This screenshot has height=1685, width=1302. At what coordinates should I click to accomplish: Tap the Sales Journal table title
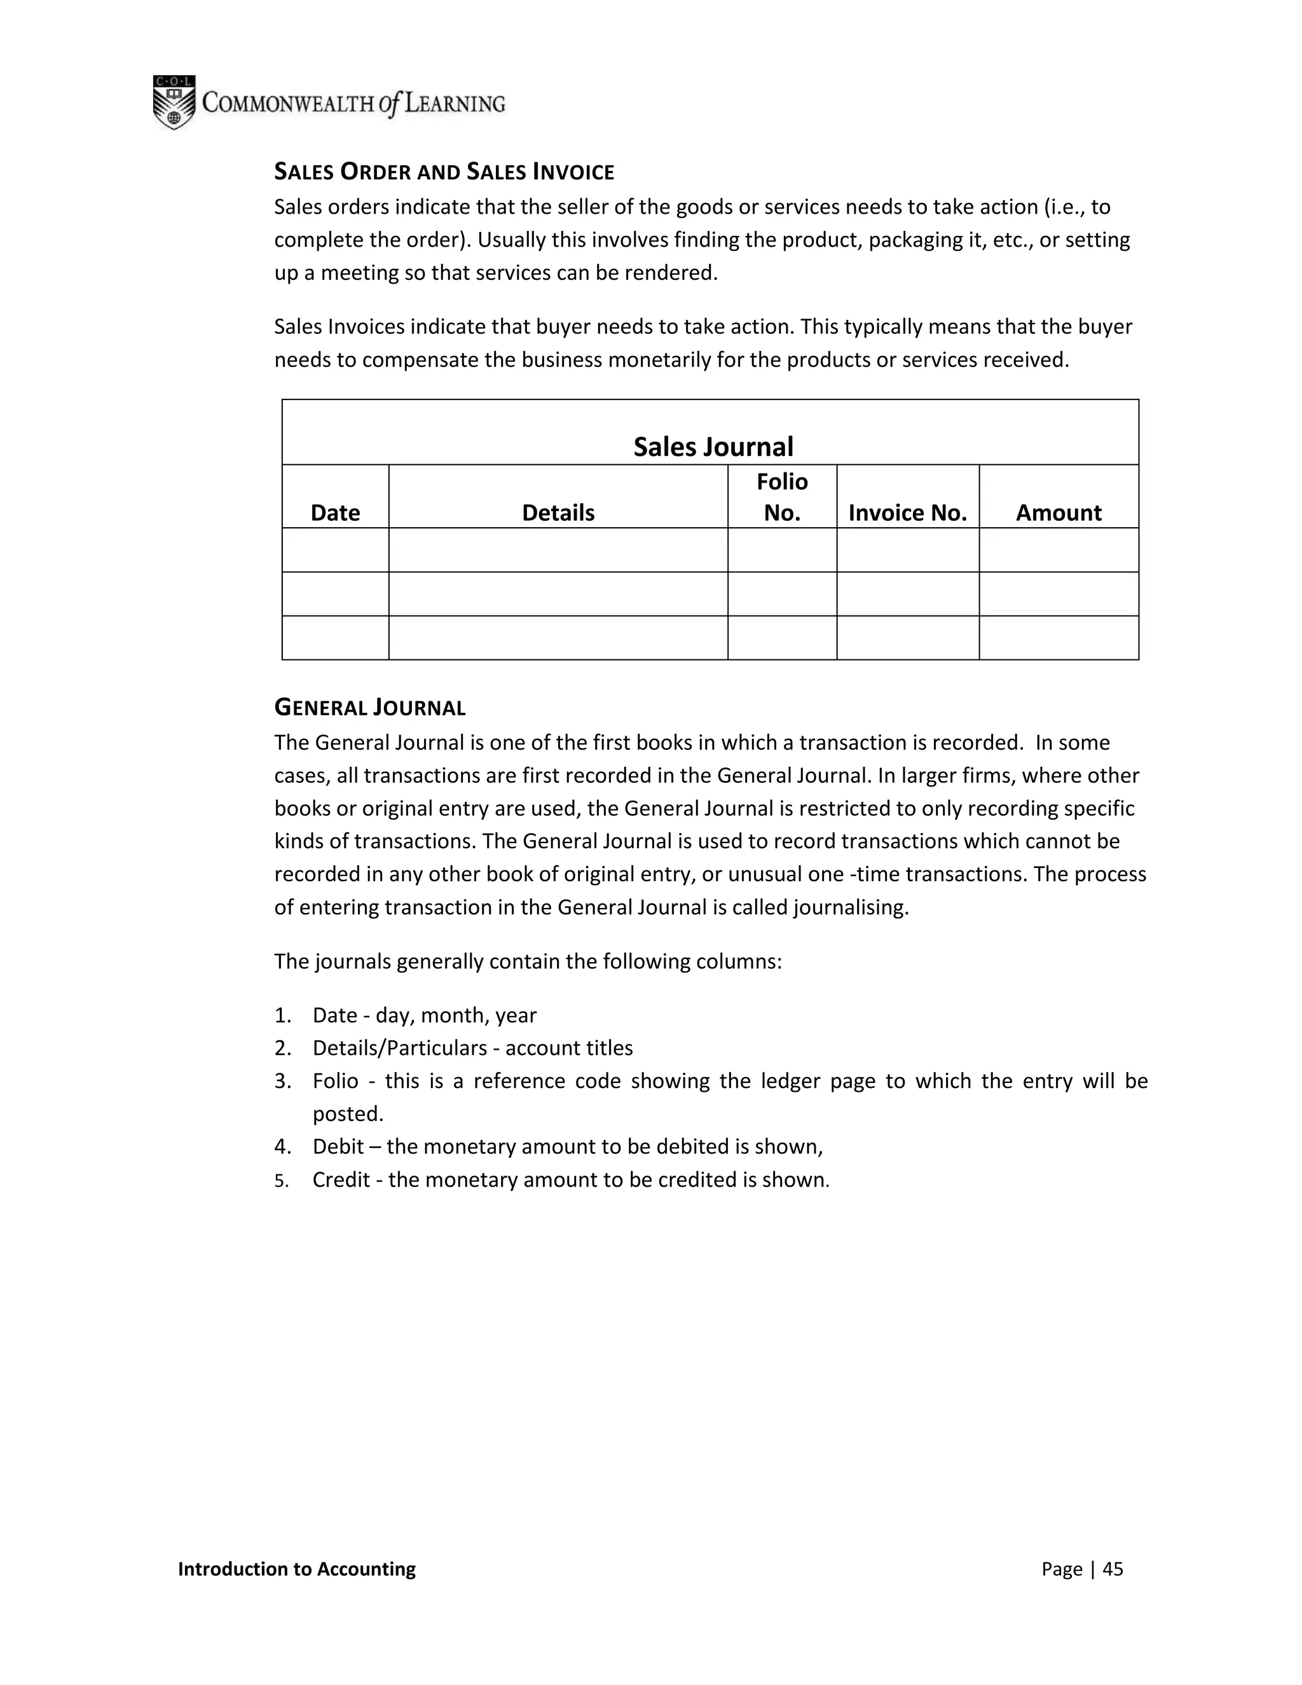[x=713, y=447]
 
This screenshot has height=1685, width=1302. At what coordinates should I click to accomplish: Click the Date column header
[x=335, y=512]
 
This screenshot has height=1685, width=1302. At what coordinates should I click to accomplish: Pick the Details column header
[x=558, y=512]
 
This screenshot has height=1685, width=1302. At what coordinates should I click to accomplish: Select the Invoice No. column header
[x=907, y=512]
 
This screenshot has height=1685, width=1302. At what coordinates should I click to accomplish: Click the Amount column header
[x=1059, y=512]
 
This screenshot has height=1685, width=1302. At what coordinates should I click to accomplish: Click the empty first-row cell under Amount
[x=1059, y=549]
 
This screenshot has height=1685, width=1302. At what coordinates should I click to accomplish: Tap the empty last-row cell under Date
[x=335, y=637]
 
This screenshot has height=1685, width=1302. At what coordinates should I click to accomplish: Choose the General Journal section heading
[x=370, y=708]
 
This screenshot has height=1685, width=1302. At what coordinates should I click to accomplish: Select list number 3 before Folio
[x=282, y=1081]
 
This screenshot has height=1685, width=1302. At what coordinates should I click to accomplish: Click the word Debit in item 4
[x=338, y=1146]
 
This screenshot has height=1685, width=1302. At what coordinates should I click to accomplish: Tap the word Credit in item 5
[x=341, y=1179]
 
